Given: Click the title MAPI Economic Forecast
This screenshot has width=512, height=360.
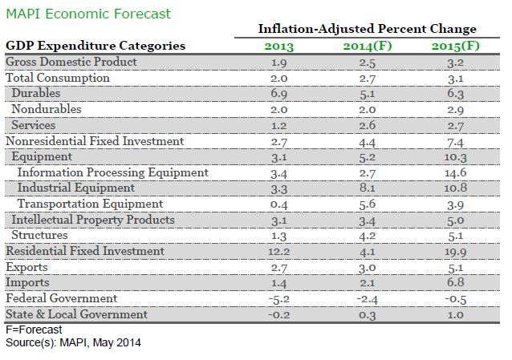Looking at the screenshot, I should point(87,14).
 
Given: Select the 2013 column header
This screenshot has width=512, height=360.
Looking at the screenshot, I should point(280,45).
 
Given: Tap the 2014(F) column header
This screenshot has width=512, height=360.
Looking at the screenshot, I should point(366,45).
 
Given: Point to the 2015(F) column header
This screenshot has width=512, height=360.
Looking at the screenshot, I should point(454,45).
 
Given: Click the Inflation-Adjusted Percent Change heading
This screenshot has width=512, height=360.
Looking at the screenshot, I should point(367,29).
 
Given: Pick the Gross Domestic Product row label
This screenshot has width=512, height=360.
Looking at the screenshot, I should point(71,62).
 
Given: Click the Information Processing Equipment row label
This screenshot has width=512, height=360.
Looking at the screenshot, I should point(112,172).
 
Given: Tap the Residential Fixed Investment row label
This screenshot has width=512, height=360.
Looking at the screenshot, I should point(84,251).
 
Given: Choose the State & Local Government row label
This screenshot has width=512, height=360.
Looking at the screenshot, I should point(76,314).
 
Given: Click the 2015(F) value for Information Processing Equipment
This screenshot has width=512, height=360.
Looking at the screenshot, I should point(454,172).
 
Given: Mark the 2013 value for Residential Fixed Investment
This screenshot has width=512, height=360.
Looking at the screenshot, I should point(280,251).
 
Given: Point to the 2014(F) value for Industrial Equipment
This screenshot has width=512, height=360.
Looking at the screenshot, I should point(366,188).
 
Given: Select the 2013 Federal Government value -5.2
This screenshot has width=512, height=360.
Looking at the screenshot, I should point(279,298).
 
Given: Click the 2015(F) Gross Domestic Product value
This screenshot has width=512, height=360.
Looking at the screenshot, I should point(454,62).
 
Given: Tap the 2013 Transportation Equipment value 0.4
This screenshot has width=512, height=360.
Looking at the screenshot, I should point(280,204).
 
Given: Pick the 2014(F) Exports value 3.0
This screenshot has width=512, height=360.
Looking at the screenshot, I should point(366,267).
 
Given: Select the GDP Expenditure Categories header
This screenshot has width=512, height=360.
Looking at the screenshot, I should point(95,46).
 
